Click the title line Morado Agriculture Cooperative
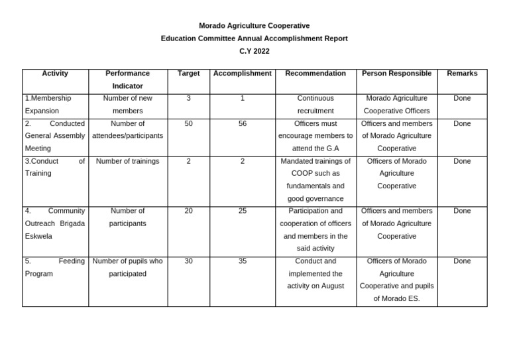coord(254,26)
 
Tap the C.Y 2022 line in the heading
coord(254,51)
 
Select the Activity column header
coord(55,74)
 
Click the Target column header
coord(189,74)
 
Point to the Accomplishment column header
coord(243,74)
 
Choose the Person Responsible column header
coord(397,74)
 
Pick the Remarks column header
coord(462,74)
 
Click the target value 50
coord(189,123)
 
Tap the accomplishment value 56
coord(243,123)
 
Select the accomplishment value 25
coord(243,211)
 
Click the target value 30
coord(189,261)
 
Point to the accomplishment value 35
coord(243,261)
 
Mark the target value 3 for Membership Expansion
coord(189,98)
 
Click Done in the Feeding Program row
coord(462,261)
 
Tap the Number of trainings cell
coord(128,161)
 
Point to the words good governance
coord(315,198)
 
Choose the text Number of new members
coord(128,104)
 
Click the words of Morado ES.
coord(397,298)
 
